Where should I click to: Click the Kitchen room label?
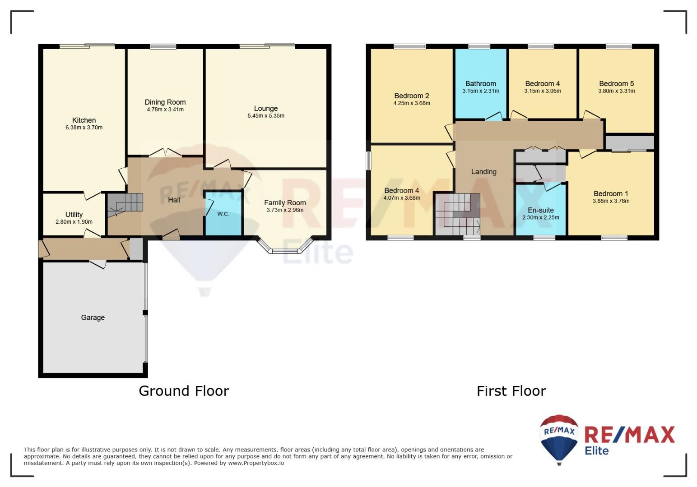84,120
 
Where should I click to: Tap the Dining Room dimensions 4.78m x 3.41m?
165,110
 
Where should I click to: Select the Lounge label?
266,109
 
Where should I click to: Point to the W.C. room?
223,213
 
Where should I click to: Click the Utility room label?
74,215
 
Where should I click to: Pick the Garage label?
93,317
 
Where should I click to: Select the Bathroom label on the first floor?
481,83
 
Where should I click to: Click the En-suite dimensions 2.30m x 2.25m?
541,217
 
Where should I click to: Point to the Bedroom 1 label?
611,193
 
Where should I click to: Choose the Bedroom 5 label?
616,83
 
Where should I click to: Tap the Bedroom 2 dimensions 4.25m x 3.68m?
412,103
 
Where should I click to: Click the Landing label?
483,171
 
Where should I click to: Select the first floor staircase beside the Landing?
457,215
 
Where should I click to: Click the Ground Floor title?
184,391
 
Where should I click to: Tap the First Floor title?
511,391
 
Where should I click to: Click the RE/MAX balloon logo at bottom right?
559,439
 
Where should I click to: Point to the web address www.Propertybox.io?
256,463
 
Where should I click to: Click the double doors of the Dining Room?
165,152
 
